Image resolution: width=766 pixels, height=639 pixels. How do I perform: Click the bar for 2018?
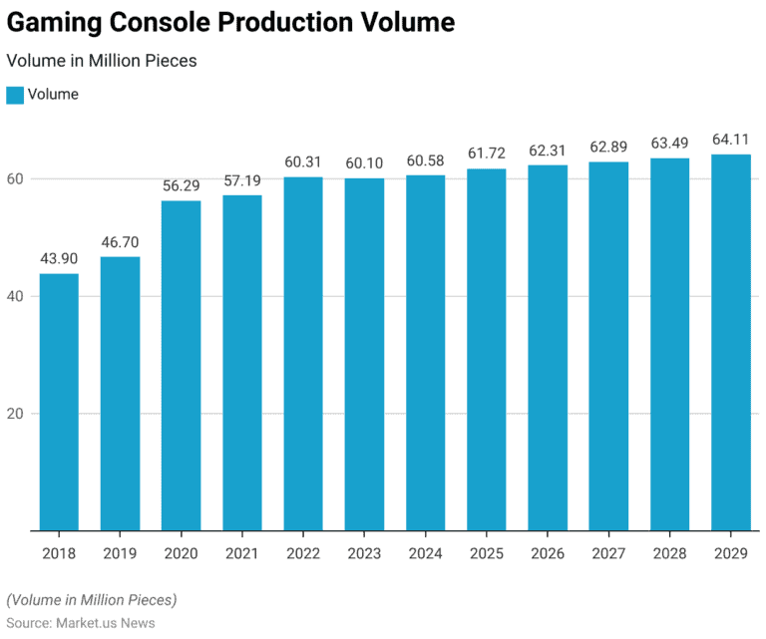(59, 402)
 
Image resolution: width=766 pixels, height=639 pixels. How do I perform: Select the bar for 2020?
(181, 366)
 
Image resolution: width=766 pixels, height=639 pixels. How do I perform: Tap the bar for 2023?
(364, 354)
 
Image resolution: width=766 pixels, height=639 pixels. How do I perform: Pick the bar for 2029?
(730, 342)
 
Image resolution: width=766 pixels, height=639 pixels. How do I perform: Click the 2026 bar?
(548, 348)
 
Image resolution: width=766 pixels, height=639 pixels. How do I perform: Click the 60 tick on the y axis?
(16, 179)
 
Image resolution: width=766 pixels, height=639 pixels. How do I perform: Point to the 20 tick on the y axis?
(16, 414)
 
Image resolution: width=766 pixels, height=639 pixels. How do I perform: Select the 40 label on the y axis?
(16, 296)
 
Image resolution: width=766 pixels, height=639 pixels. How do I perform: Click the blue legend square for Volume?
(14, 95)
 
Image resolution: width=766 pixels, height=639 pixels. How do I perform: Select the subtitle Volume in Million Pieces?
(102, 61)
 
